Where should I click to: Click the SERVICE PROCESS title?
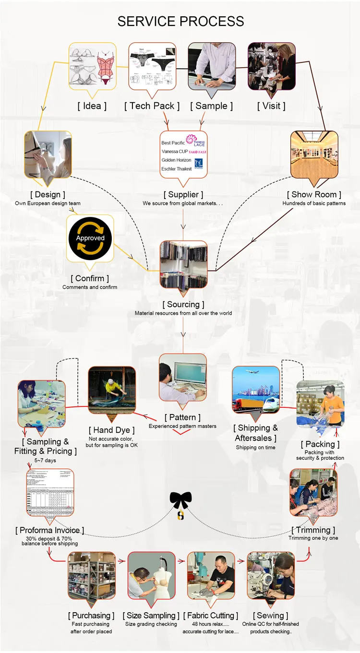point(180,22)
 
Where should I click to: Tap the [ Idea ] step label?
point(92,106)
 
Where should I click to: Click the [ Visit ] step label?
point(271,106)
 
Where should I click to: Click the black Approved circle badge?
point(90,238)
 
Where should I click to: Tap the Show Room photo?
point(314,154)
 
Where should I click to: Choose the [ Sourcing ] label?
point(183,304)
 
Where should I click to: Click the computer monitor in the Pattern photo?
point(190,374)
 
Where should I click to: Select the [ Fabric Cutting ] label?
point(211,616)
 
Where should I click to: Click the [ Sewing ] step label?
point(271,616)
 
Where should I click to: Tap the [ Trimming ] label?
point(313,530)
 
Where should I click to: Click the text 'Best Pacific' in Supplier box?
point(173,143)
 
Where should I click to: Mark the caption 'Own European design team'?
point(48,203)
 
